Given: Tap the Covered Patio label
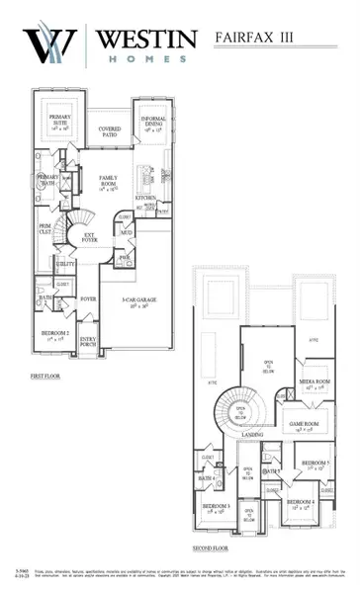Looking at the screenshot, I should click(110, 129).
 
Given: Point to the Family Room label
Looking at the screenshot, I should click(110, 182).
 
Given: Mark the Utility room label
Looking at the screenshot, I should click(67, 266).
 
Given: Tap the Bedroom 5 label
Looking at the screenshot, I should click(315, 465).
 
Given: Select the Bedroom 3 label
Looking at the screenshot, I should click(216, 508).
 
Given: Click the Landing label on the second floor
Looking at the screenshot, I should click(252, 434).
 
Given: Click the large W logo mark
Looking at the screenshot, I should click(49, 47).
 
